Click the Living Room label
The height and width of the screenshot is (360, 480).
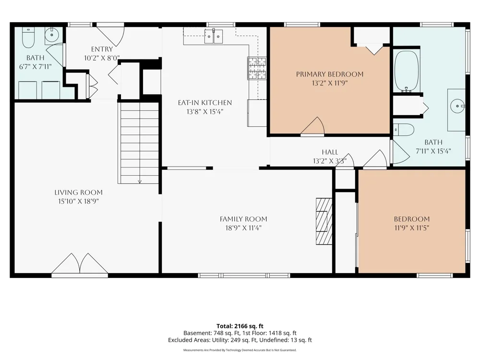(78, 192)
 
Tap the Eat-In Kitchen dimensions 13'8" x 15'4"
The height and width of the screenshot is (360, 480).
(205, 111)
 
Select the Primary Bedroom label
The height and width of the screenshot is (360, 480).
(330, 74)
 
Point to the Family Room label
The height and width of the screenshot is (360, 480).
(243, 219)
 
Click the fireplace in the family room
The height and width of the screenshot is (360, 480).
(324, 221)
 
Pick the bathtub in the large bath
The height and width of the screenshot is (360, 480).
(406, 72)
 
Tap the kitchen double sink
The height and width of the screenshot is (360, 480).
(214, 36)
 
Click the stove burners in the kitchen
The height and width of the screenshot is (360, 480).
(256, 68)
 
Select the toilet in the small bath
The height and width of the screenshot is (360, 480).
(28, 38)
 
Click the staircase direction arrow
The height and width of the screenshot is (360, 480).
(140, 182)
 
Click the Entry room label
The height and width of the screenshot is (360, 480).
(102, 49)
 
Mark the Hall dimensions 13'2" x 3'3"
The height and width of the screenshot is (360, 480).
(330, 161)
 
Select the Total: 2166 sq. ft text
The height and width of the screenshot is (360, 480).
(240, 326)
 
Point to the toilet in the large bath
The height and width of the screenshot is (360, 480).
(404, 130)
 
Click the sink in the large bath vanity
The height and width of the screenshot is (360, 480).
(457, 106)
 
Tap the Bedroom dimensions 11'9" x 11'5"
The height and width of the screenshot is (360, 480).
(412, 228)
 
